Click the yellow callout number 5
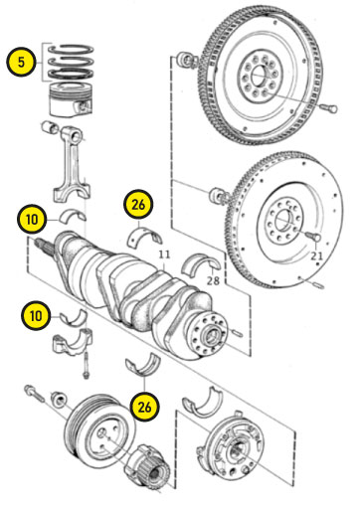pos(21,62)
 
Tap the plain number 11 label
pos(164,254)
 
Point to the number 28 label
pos(213,280)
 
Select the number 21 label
pos(316,255)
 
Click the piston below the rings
pos(70,100)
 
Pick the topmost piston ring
pos(71,49)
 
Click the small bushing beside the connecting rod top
pos(50,127)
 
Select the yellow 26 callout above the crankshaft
pos(138,205)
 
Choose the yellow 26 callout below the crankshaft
pos(144,407)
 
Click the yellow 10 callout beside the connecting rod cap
pos(36,315)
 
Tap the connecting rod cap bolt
pos(87,365)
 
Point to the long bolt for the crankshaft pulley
pos(34,394)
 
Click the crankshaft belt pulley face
pos(100,430)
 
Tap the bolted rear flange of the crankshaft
pos(208,334)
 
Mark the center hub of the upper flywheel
pos(261,77)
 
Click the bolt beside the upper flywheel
pos(329,108)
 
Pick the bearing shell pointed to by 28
pos(201,264)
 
